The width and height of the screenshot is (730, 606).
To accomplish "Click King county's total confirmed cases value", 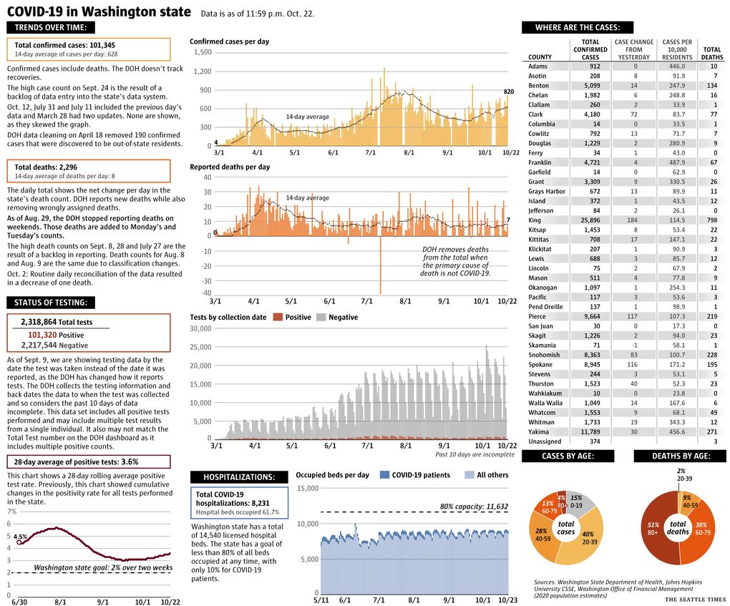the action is (590, 220).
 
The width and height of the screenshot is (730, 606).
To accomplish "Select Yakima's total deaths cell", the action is (712, 431).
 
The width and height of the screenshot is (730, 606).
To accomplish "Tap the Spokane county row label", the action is (540, 364).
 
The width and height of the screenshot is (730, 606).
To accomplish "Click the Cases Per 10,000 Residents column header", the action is (677, 49).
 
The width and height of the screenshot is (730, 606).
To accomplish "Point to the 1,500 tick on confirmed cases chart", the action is (203, 52).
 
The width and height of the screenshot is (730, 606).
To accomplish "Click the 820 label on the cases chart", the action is (508, 92).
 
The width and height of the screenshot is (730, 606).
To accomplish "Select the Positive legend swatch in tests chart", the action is (278, 317).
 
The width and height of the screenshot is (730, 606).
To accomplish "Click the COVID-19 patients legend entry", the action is (415, 475).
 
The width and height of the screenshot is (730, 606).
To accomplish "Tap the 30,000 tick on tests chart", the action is (200, 328).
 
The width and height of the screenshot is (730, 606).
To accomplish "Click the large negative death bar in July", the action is (380, 265).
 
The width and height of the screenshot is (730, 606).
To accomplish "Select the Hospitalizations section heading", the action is (239, 477).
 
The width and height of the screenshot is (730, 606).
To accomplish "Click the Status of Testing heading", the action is (51, 303).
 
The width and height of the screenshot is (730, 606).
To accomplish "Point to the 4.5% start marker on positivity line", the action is (19, 542).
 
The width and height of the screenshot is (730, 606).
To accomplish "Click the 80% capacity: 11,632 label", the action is (474, 507).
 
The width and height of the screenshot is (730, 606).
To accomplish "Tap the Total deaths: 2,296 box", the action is (89, 171).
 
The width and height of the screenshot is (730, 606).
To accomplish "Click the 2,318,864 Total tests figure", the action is (57, 322).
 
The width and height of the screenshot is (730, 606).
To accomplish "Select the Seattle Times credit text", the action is (695, 600).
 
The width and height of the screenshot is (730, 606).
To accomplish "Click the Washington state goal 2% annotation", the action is (103, 568).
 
